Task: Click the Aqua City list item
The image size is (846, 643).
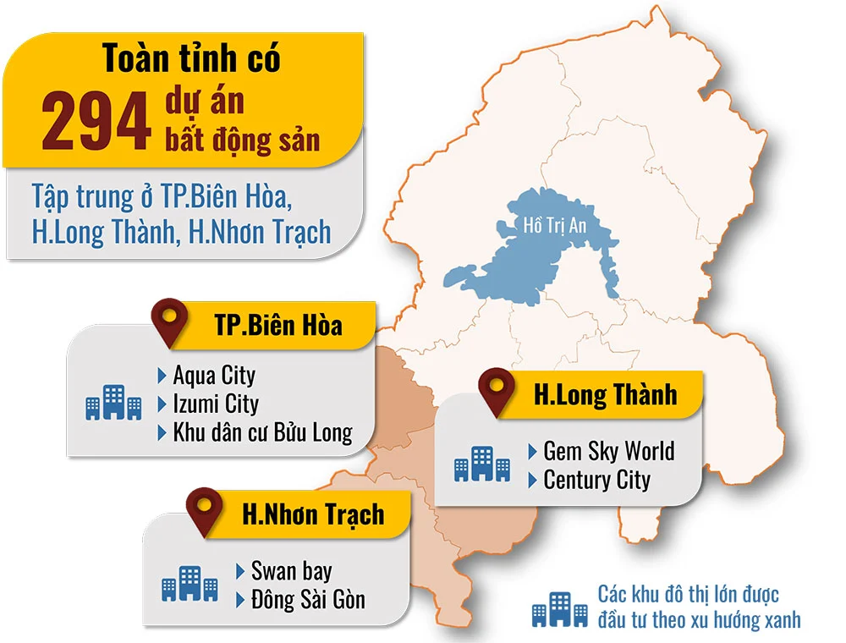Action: [213, 375]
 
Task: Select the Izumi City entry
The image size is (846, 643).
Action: [216, 404]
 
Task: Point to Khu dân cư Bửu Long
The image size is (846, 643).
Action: [262, 432]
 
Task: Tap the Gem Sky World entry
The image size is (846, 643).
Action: [608, 450]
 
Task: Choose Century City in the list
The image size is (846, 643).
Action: [596, 480]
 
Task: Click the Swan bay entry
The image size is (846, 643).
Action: [291, 570]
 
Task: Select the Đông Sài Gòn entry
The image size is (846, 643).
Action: [308, 600]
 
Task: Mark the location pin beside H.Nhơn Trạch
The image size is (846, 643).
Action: [204, 510]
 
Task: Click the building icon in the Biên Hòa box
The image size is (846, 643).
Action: [113, 403]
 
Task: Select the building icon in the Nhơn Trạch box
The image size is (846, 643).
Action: [190, 584]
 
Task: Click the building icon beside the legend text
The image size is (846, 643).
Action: [560, 608]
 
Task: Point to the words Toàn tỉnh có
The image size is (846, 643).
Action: [191, 58]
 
